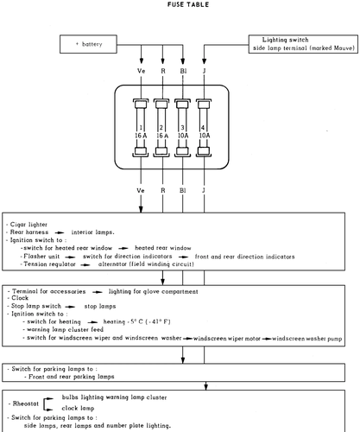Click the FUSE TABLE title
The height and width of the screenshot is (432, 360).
pos(188,4)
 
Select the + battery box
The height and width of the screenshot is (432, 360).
pos(88,44)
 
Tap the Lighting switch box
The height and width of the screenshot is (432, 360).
pos(303,44)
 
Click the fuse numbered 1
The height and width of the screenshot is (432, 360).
pos(141,128)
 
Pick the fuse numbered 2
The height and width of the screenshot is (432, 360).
pos(161,128)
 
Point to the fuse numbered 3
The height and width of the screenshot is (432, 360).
pos(182,128)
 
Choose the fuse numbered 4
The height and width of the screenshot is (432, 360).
pos(204,128)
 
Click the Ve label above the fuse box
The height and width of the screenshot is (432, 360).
pos(141,71)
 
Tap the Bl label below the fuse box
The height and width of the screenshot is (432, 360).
pos(183,190)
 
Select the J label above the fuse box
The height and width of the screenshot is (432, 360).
pos(205,71)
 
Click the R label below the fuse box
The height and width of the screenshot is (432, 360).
pos(163,190)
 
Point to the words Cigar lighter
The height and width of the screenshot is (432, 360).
pos(28,225)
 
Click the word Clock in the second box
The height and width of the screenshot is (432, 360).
pos(20,298)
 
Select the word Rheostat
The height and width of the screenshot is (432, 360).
pos(26,403)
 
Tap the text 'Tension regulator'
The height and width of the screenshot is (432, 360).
pos(49,264)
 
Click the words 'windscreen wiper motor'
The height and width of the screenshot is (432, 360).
pos(227,339)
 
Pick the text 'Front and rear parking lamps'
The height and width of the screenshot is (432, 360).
pos(72,377)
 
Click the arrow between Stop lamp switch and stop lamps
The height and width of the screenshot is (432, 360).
pos(70,307)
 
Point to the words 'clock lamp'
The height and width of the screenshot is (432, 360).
pos(78,408)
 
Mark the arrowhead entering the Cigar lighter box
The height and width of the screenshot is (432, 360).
pos(141,209)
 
